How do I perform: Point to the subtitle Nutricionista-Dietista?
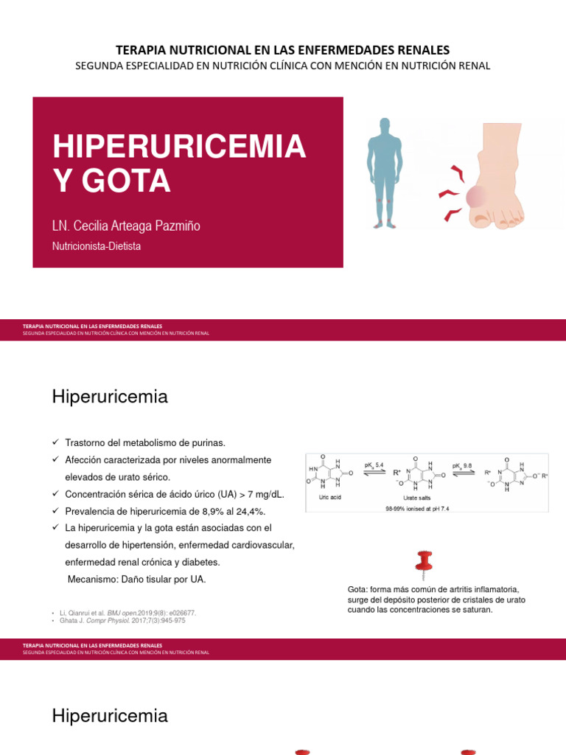pos(97,247)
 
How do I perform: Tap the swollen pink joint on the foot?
pos(477,196)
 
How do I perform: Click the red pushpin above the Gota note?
pos(424,564)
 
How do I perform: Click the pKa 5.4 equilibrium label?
pos(374,465)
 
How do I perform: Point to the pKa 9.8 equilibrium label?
pos(463,465)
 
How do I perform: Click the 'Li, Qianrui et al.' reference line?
pos(126,613)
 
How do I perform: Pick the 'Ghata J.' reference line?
pos(122,621)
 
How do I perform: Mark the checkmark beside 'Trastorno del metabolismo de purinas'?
pos(55,442)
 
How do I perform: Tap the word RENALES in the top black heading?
pos(422,50)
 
